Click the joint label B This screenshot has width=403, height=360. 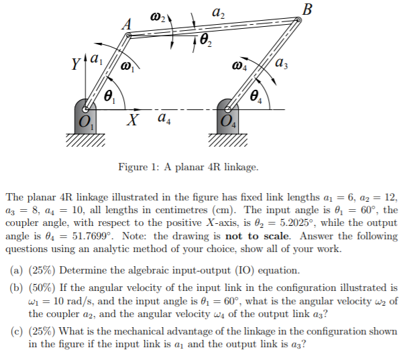pyautogui.click(x=308, y=9)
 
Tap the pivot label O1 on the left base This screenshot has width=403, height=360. pyautogui.click(x=85, y=122)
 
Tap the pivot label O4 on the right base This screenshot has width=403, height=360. pyautogui.click(x=228, y=122)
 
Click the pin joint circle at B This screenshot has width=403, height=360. pyautogui.click(x=298, y=19)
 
